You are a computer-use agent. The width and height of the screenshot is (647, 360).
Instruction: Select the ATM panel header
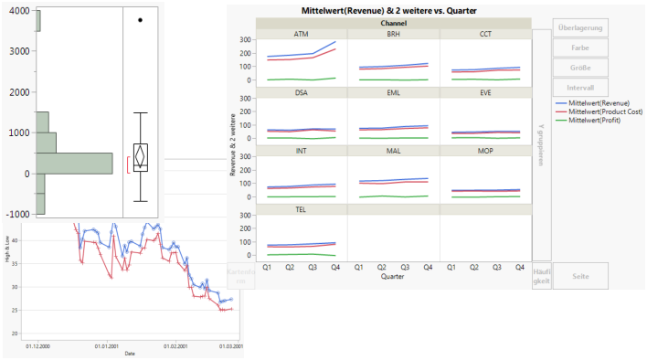[x=301, y=34]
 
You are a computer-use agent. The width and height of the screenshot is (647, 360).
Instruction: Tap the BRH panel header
[x=392, y=34]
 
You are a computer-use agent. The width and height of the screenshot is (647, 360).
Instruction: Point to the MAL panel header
[x=392, y=151]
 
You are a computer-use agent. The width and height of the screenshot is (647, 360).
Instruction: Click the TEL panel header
[x=301, y=209]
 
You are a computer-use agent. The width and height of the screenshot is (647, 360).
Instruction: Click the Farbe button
[x=580, y=48]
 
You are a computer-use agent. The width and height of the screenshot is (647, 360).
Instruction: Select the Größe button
[x=580, y=67]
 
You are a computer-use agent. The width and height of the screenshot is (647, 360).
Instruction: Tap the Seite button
[x=580, y=275]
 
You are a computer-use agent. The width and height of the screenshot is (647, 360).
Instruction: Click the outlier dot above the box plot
[x=140, y=19]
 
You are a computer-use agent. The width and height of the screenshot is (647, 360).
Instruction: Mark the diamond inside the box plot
[x=140, y=156]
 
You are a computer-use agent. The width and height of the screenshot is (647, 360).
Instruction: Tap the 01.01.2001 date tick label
[x=107, y=347]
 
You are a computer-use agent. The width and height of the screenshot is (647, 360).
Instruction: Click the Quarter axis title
[x=393, y=277]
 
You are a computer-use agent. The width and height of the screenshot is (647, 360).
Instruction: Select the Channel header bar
[x=393, y=22]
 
